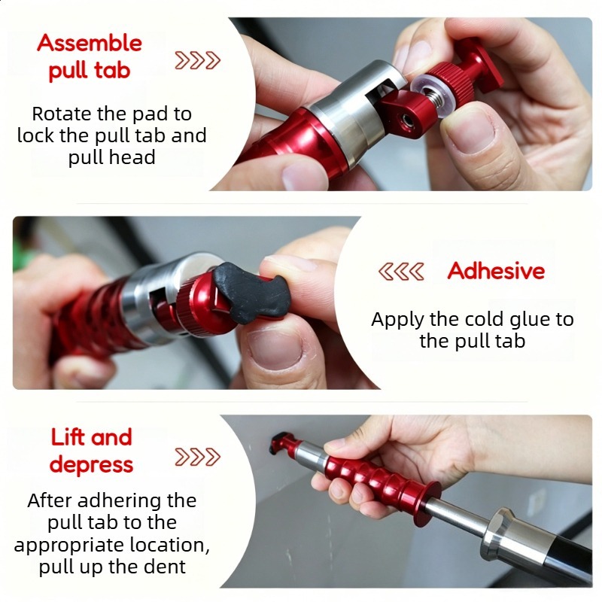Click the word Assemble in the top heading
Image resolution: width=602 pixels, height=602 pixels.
(x=90, y=43)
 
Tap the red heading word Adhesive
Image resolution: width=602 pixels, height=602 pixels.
(x=496, y=271)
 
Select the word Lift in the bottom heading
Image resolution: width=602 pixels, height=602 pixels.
(x=68, y=437)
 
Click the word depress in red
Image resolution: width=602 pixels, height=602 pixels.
(x=91, y=465)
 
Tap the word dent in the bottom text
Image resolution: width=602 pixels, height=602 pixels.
(x=166, y=567)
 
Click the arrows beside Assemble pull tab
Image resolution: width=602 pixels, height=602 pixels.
(x=197, y=60)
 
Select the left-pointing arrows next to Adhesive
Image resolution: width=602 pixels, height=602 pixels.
(x=401, y=272)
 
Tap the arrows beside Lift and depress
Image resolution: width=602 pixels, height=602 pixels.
(x=197, y=457)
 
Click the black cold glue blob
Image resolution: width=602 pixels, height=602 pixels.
(x=251, y=293)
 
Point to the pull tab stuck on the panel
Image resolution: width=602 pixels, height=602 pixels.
(x=278, y=442)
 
